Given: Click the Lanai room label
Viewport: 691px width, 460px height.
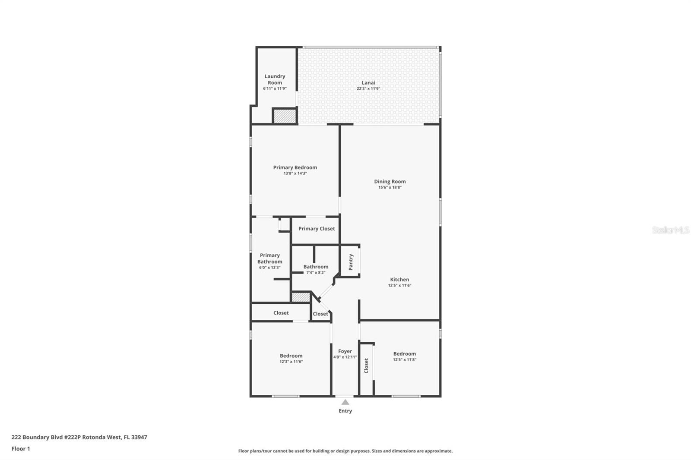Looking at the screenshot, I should click(x=368, y=82).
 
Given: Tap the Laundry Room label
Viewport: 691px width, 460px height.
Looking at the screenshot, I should click(x=275, y=79).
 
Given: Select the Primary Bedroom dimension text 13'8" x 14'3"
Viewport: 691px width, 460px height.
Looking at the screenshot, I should click(x=295, y=173).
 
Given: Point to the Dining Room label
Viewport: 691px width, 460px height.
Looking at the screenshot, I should click(x=390, y=182).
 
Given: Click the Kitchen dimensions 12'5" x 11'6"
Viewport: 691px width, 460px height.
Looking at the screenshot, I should click(x=399, y=285).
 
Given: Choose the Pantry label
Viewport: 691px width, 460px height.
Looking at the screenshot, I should click(x=351, y=262).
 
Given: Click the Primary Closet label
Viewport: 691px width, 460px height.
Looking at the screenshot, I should click(x=317, y=229).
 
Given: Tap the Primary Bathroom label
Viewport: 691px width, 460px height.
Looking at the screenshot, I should click(x=270, y=258).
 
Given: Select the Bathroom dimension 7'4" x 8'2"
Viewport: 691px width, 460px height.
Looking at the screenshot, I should click(x=316, y=273).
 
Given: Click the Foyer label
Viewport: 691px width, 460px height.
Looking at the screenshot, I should click(x=345, y=351).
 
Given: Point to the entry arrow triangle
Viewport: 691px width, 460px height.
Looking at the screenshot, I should click(x=345, y=402).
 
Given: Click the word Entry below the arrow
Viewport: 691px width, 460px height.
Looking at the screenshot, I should click(x=345, y=411).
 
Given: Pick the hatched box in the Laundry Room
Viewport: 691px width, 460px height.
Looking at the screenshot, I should click(x=285, y=116).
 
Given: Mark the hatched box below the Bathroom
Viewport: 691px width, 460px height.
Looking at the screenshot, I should click(x=301, y=297).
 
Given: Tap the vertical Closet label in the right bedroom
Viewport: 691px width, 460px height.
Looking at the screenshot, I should click(x=366, y=365).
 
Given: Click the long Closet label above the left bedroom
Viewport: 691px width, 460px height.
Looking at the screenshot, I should click(x=281, y=313).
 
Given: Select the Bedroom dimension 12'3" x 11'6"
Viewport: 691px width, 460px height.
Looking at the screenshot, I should click(x=291, y=362).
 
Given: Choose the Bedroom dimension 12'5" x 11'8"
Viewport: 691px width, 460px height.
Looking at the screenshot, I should click(x=404, y=359).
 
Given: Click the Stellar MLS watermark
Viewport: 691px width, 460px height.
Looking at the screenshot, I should click(x=670, y=230).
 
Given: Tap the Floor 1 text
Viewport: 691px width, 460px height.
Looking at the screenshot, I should click(x=21, y=449).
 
